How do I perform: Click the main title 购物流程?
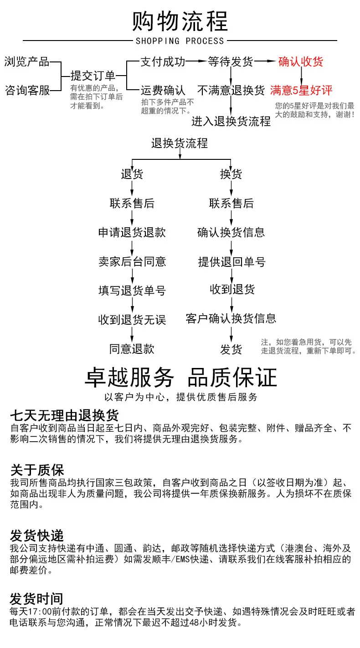coord(180,21)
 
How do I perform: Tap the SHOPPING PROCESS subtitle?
coord(180,41)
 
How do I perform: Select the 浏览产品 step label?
coord(27,62)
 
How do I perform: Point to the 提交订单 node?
coord(93,76)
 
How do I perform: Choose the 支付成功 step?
coord(163,61)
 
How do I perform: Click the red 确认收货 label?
coord(300,61)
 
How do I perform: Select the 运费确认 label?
coord(163,90)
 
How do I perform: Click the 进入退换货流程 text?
coord(231,121)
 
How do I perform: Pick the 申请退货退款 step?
coord(132,233)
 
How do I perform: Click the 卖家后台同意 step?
coord(132,261)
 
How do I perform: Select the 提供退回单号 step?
coord(231,261)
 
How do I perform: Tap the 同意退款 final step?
coord(132,349)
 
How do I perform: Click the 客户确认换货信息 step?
coord(231,318)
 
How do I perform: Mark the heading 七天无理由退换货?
coord(64,415)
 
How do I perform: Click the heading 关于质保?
coord(37,470)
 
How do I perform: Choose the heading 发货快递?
coord(37,535)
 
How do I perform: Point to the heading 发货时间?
coord(37,598)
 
